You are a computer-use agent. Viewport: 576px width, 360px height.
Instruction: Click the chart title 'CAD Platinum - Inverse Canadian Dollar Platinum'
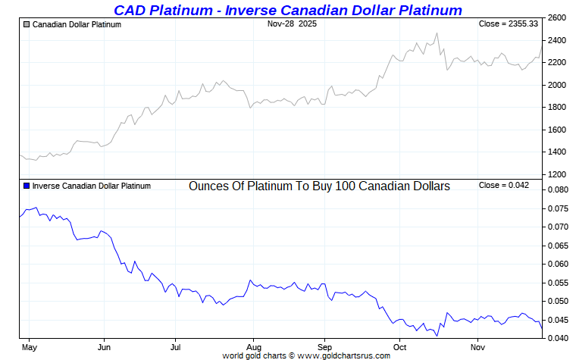[x=287, y=10]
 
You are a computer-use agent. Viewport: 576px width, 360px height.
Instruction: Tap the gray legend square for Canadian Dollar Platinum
[x=27, y=24]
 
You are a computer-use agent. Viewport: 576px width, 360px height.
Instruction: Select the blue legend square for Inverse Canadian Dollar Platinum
[x=27, y=186]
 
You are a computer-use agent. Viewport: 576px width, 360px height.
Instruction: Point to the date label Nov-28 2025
[x=292, y=24]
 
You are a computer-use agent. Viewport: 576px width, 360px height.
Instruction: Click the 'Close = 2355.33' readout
[x=509, y=24]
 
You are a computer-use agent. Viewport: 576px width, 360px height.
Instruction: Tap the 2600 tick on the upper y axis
[x=558, y=17]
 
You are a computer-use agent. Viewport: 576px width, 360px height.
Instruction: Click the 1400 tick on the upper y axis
[x=558, y=152]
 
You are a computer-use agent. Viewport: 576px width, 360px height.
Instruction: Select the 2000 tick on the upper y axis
[x=558, y=85]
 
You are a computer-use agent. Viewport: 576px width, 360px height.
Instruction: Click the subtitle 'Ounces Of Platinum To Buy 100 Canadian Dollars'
[x=319, y=186]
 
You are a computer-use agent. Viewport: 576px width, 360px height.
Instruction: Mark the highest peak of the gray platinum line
[x=437, y=33]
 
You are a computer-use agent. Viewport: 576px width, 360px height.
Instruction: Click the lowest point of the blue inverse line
[x=437, y=336]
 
